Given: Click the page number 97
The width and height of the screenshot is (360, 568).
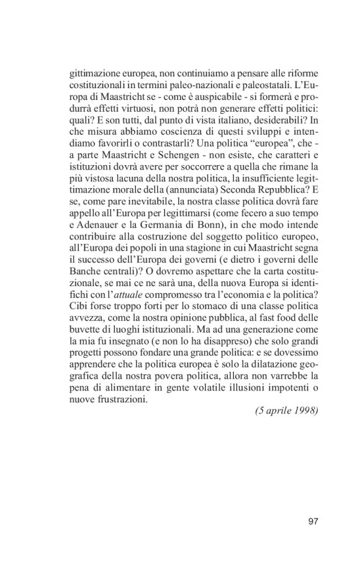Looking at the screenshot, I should tap(313, 520).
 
